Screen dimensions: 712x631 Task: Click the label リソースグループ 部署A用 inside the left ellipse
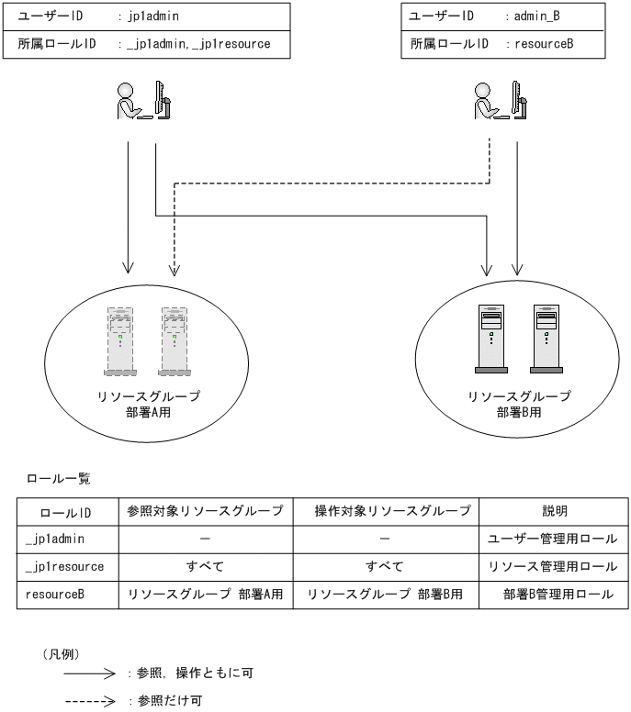(149, 405)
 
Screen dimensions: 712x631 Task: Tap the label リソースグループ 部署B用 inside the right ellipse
(519, 405)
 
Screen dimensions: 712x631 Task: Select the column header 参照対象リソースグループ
(201, 511)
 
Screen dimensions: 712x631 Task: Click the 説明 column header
(553, 511)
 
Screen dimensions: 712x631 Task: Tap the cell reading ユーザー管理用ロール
(553, 539)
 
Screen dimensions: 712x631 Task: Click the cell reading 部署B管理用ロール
(553, 594)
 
